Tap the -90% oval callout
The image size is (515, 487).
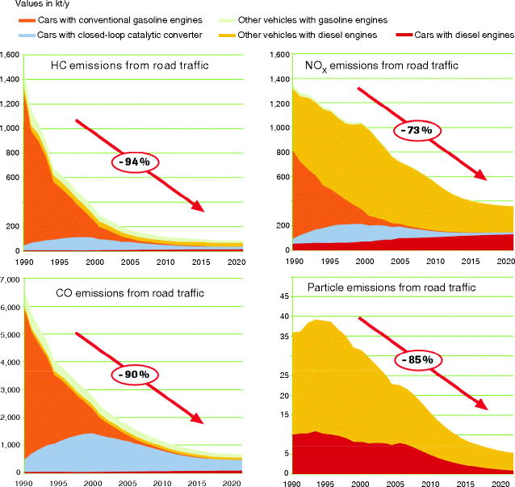(135, 375)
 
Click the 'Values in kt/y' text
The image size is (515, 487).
(30, 4)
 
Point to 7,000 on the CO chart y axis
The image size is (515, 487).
(11, 279)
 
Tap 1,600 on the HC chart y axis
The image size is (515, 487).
(11, 55)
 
